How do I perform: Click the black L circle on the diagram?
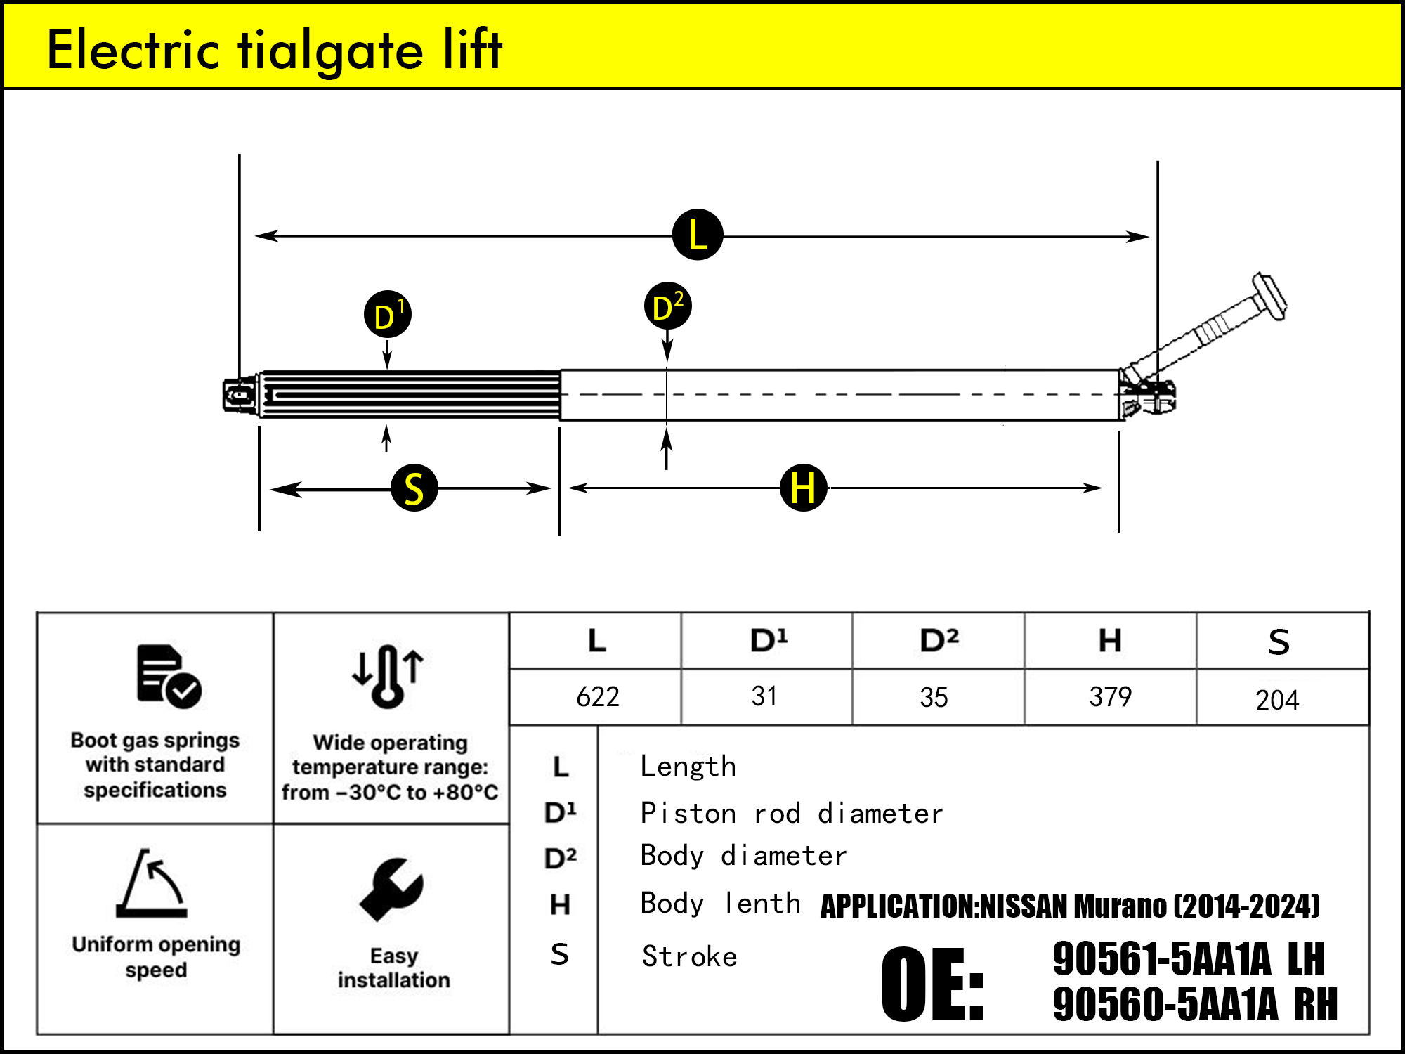pos(697,235)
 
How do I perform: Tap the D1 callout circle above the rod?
pos(387,314)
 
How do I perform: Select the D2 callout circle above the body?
pos(667,306)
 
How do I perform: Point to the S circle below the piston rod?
pos(414,488)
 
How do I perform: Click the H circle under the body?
pos(803,488)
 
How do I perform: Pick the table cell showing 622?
pos(597,697)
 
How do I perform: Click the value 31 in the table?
pos(764,696)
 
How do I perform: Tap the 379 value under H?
pos(1110,697)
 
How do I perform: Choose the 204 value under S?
pos(1277,700)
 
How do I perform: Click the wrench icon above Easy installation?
pos(391,889)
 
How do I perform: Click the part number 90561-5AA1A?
pos(1161,958)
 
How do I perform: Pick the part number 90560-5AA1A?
pos(1165,1004)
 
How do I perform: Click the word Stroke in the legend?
pos(689,957)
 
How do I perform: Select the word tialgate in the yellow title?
pos(330,51)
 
